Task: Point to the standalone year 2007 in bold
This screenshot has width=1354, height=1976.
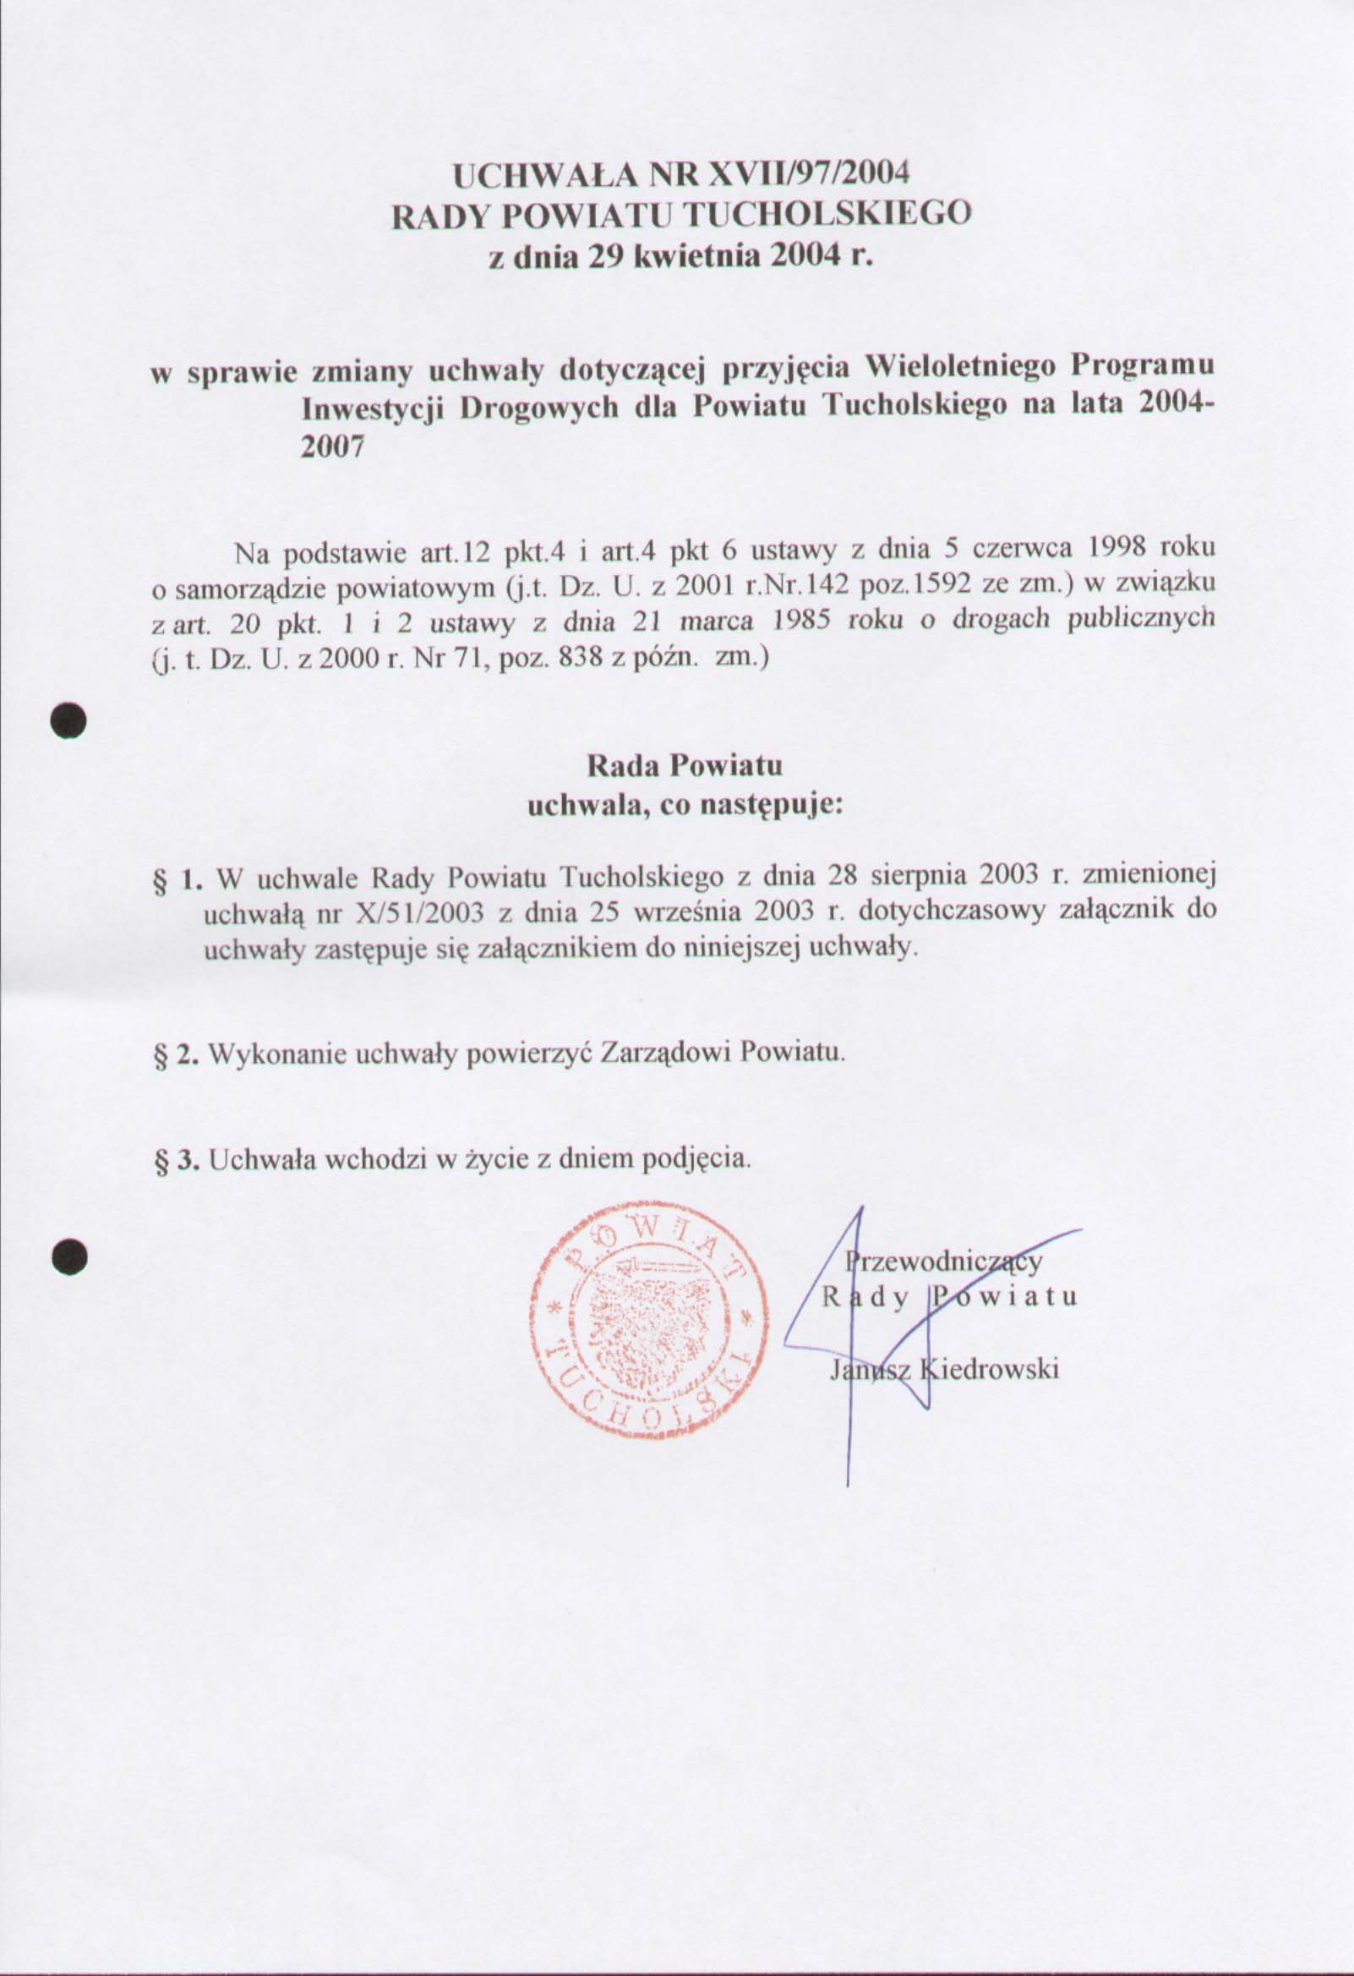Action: click(332, 447)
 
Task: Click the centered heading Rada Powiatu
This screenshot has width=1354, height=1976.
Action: click(685, 765)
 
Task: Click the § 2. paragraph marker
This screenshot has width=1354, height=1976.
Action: click(177, 1055)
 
